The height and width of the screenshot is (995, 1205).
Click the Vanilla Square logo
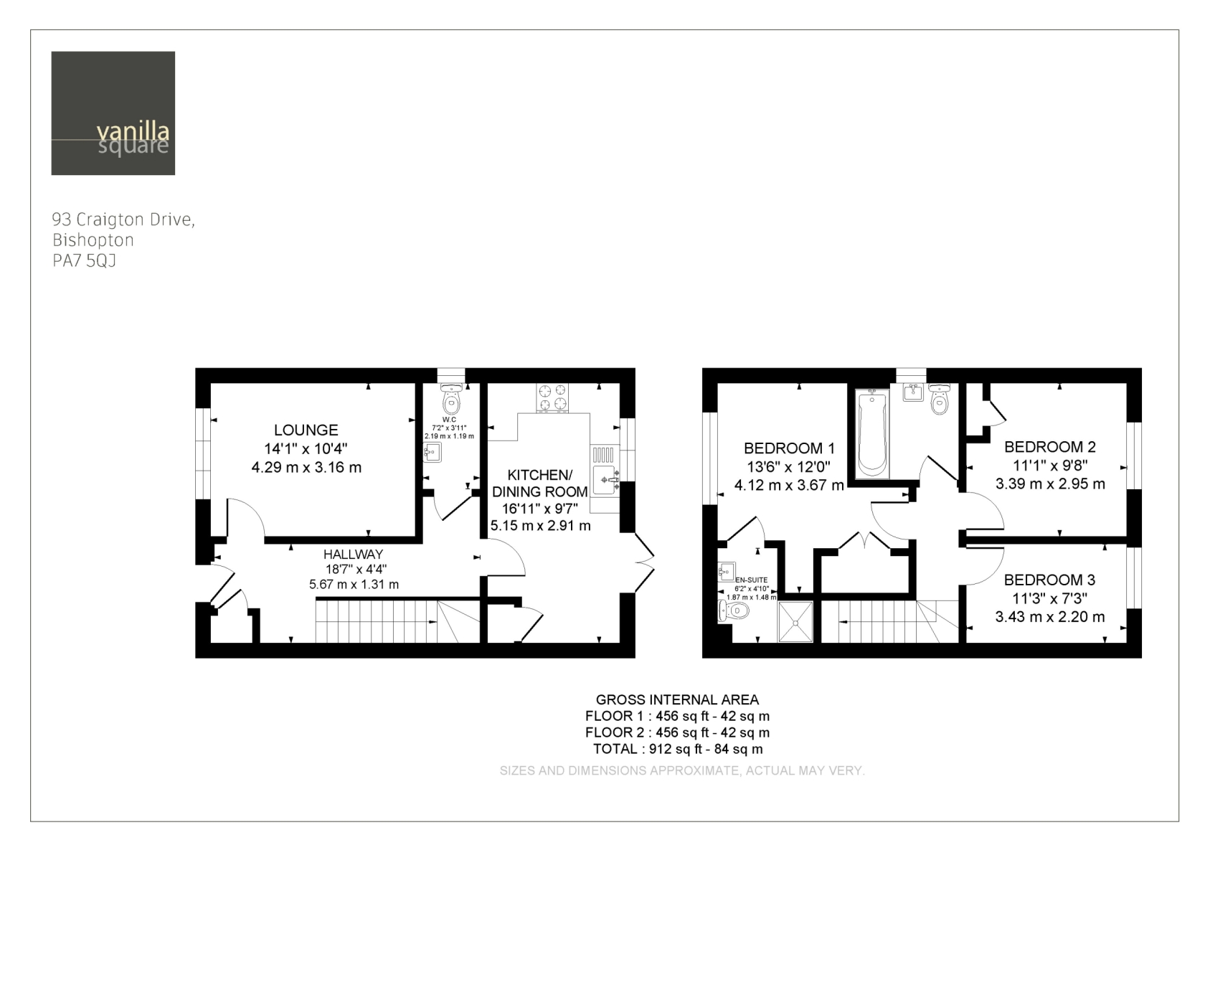(113, 113)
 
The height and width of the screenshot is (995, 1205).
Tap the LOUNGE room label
(306, 430)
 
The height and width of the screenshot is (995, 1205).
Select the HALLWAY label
(353, 555)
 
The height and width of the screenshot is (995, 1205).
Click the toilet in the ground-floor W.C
(451, 398)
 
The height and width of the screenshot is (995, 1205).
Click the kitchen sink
(605, 479)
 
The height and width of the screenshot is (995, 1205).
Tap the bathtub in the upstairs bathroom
(872, 433)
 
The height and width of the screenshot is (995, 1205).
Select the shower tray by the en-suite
(796, 622)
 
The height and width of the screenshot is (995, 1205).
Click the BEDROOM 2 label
(1050, 447)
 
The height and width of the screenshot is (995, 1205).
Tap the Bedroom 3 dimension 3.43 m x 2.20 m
(1050, 617)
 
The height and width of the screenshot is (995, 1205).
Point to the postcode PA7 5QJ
(84, 261)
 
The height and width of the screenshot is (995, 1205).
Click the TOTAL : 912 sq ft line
(678, 749)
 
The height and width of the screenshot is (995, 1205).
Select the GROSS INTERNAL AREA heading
(678, 699)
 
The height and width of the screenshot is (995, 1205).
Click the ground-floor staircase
(397, 622)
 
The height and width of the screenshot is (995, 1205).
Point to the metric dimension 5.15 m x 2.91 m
(541, 526)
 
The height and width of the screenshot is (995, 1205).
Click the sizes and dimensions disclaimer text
(682, 771)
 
